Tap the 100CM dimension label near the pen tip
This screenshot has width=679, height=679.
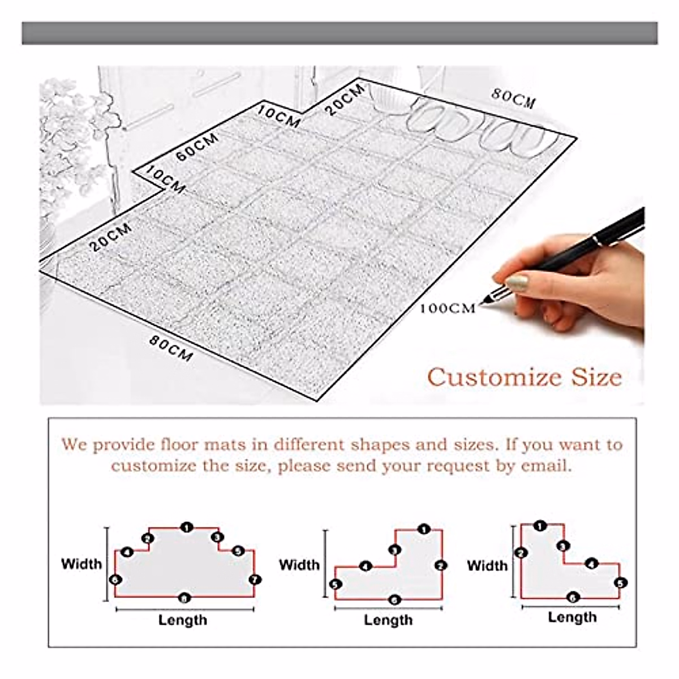click(x=448, y=308)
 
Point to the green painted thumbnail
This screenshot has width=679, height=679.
click(x=517, y=281)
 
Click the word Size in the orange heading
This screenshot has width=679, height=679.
click(x=596, y=377)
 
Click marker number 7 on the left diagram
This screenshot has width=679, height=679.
click(x=255, y=579)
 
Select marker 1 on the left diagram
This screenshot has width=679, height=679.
click(x=186, y=527)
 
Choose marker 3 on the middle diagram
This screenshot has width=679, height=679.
click(x=395, y=550)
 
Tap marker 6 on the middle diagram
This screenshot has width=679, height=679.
click(x=394, y=600)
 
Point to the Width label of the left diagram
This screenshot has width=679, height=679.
click(x=81, y=564)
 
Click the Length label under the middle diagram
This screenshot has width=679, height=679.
click(x=388, y=620)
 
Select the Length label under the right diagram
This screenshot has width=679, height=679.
click(x=572, y=617)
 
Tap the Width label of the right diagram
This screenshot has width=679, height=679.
click(x=487, y=565)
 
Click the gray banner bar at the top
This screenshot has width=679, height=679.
click(x=339, y=33)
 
